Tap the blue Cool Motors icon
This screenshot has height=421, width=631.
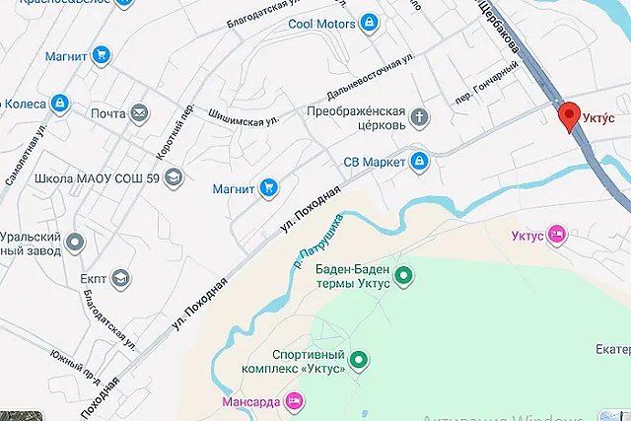pyautogui.click(x=368, y=22)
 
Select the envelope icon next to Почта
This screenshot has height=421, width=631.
pyautogui.click(x=139, y=113)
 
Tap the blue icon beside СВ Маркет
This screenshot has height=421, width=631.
pyautogui.click(x=419, y=161)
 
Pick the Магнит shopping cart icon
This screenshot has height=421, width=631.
pyautogui.click(x=267, y=187)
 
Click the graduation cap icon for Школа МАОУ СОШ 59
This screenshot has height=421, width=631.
pyautogui.click(x=174, y=177)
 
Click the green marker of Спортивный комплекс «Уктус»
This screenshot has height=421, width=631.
pyautogui.click(x=359, y=363)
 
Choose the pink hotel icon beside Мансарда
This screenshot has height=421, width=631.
pyautogui.click(x=293, y=401)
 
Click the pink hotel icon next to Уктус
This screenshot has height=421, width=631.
pyautogui.click(x=557, y=235)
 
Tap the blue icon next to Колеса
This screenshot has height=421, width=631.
pyautogui.click(x=58, y=103)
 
